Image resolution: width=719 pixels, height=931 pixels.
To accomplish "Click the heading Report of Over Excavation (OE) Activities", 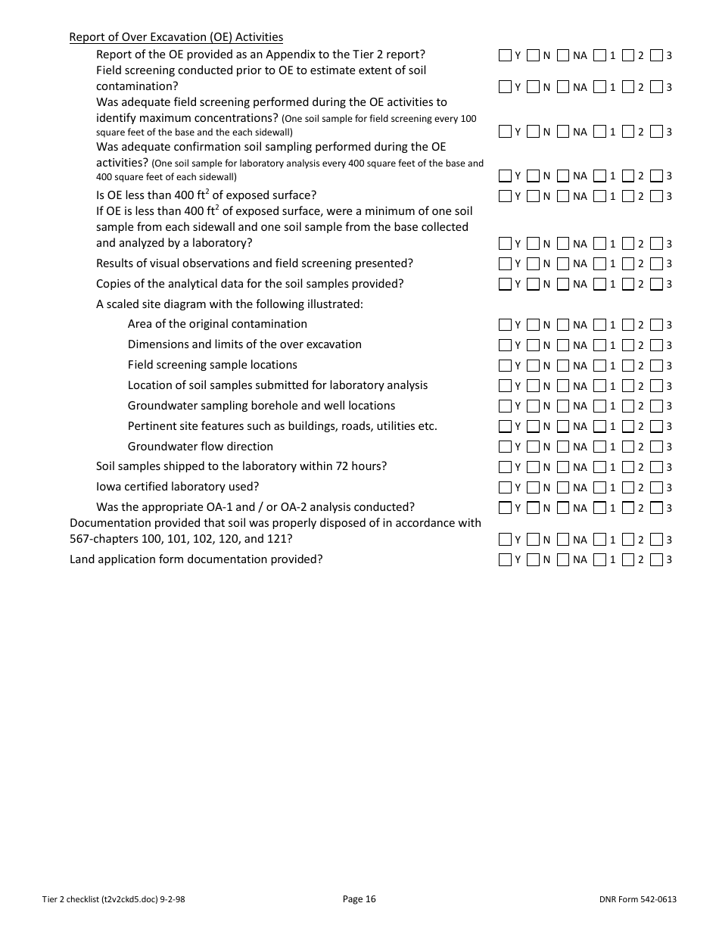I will (x=176, y=37).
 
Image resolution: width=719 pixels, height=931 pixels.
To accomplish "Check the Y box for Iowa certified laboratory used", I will (x=505, y=487).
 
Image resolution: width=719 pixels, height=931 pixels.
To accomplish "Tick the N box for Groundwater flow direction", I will (x=533, y=447).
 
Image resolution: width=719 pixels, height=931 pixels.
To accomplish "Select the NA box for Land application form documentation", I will (x=562, y=559).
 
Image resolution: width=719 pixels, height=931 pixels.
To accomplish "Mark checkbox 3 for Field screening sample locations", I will (x=656, y=365).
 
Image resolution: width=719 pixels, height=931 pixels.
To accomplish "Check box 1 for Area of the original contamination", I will (x=599, y=324).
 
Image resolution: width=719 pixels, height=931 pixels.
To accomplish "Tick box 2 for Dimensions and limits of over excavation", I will (x=627, y=344).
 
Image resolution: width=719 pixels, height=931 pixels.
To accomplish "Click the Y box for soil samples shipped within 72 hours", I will (x=505, y=466).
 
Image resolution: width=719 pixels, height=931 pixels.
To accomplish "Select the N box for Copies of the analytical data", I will (x=533, y=284).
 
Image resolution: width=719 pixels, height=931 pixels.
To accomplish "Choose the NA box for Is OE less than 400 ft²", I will (x=562, y=196).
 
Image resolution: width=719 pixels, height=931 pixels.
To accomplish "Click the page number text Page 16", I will (x=359, y=899).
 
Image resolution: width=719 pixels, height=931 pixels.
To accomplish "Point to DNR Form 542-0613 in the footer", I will (x=637, y=899).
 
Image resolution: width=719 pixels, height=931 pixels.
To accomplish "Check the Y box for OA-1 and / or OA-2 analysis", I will (x=505, y=507).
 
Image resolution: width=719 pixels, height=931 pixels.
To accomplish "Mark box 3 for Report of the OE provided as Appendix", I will (x=656, y=54).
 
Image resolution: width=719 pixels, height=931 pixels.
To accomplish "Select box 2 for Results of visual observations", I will (x=627, y=263).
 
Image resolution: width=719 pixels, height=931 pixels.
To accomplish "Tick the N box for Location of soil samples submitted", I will (x=533, y=385).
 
